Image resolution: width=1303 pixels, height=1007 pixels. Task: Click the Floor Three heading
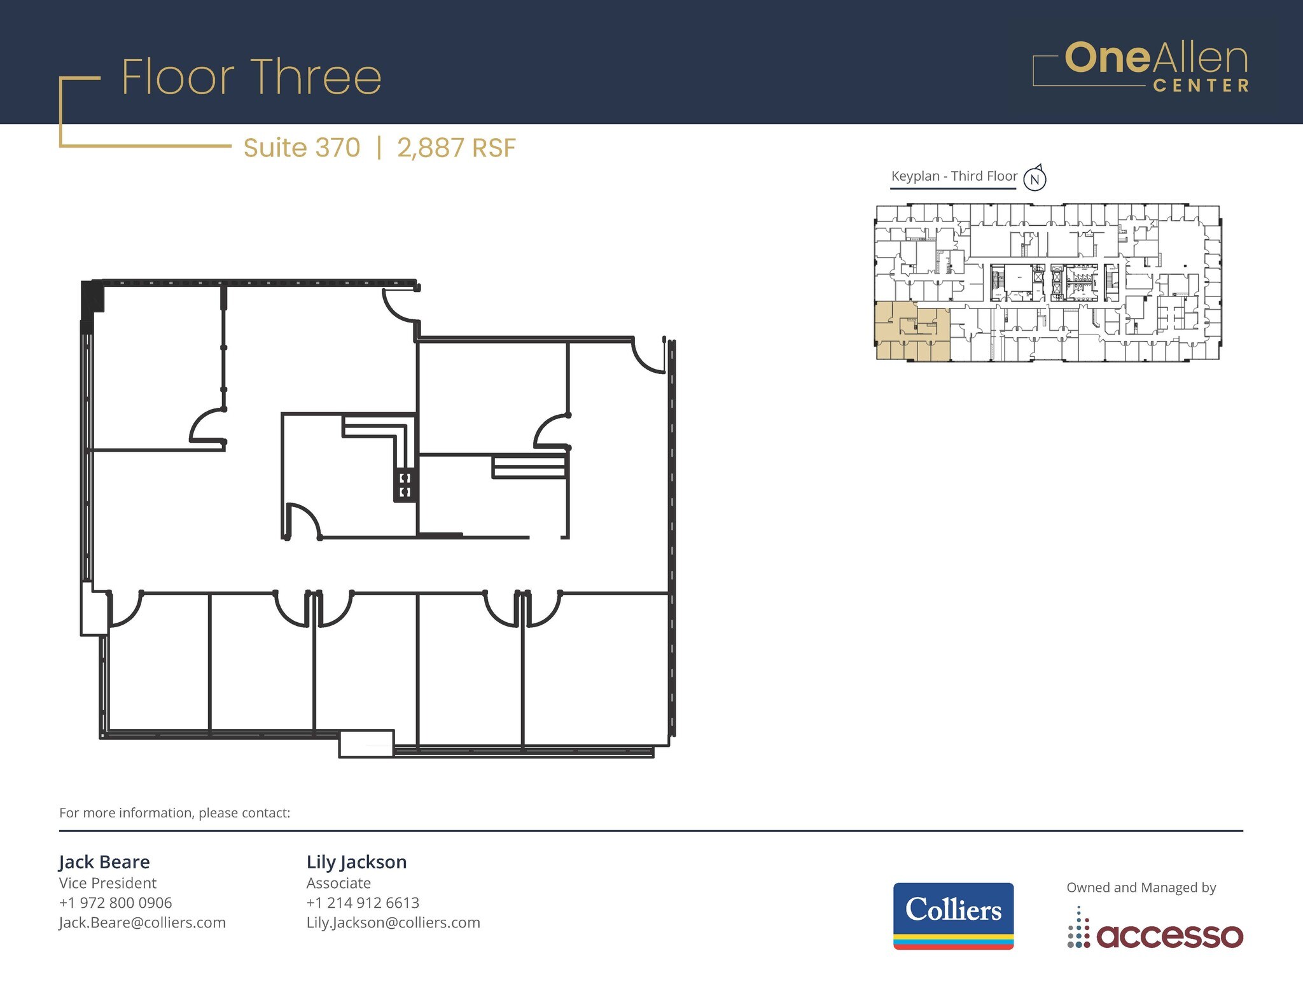point(251,78)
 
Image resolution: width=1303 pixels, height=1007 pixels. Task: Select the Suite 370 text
point(302,148)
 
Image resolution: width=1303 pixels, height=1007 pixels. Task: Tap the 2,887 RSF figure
point(456,148)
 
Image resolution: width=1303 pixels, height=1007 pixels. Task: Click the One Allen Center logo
point(1141,67)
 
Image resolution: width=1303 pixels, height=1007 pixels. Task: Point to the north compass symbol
point(1035,179)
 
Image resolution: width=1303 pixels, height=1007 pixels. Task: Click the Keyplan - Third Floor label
point(954,176)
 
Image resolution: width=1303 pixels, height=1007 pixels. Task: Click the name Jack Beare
point(104,862)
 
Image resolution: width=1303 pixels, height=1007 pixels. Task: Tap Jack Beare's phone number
point(115,903)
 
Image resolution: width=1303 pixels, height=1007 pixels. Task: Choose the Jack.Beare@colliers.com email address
point(142,922)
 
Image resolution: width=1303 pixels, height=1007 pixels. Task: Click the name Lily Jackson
point(356,862)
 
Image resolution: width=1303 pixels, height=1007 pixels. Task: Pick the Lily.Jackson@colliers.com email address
point(393,922)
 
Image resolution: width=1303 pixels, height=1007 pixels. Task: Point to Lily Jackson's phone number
point(363,903)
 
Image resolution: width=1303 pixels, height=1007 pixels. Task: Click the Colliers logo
point(953,915)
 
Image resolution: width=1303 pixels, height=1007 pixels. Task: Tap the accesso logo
point(1155,933)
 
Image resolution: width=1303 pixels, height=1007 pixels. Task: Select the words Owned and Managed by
point(1141,887)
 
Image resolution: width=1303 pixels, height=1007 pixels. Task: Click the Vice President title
point(108,883)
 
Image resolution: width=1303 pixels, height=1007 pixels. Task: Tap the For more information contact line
point(174,813)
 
